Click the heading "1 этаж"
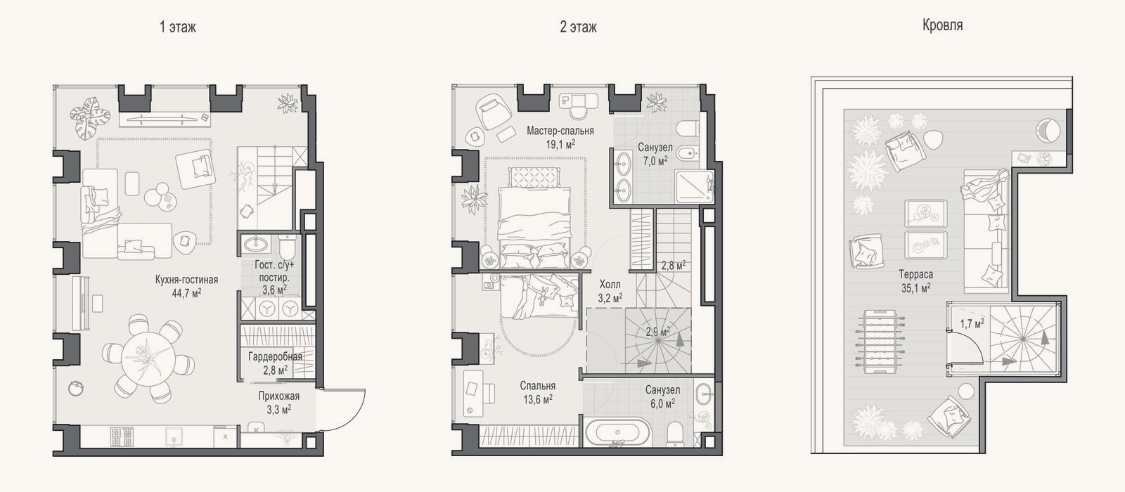pyautogui.click(x=178, y=27)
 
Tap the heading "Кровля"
pyautogui.click(x=942, y=25)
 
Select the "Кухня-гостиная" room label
pyautogui.click(x=187, y=280)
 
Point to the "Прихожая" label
pyautogui.click(x=278, y=396)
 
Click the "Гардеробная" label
pyautogui.click(x=275, y=356)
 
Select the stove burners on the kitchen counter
pyautogui.click(x=122, y=436)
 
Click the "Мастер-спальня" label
pyautogui.click(x=560, y=131)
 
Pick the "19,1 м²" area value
pyautogui.click(x=560, y=144)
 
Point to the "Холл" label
pyautogui.click(x=610, y=285)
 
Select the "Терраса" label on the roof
pyautogui.click(x=915, y=275)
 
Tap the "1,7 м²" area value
pyautogui.click(x=972, y=323)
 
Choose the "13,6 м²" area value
pyautogui.click(x=537, y=399)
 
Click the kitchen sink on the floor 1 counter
pyautogui.click(x=174, y=436)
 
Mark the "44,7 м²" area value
pyautogui.click(x=187, y=293)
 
